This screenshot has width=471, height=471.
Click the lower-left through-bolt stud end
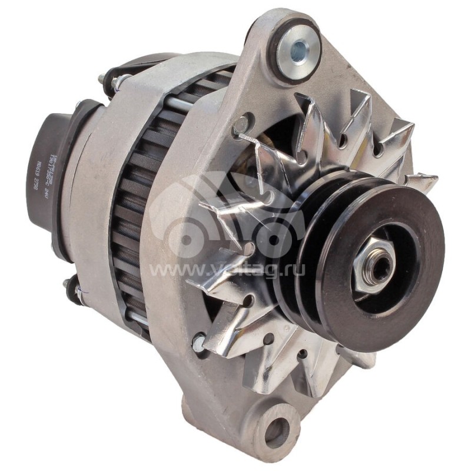point(69,287)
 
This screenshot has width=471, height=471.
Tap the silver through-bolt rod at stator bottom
point(138,319)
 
